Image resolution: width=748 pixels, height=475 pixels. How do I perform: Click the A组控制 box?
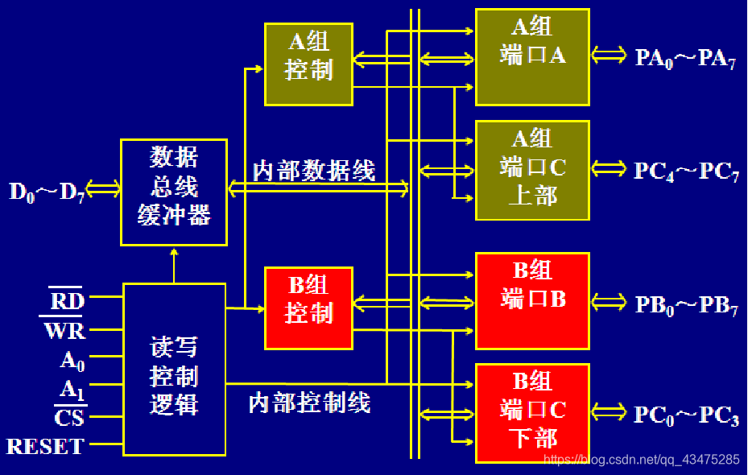click(x=308, y=64)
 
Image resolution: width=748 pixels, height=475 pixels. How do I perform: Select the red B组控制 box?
click(x=308, y=308)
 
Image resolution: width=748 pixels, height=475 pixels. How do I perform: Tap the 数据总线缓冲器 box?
click(x=173, y=192)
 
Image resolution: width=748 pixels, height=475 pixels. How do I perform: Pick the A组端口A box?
click(x=532, y=56)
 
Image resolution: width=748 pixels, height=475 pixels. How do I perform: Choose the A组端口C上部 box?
click(x=532, y=170)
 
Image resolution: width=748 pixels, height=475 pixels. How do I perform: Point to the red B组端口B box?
click(x=532, y=300)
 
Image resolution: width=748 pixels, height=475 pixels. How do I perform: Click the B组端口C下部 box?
click(x=532, y=413)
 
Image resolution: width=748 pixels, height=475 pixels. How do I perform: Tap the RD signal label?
click(x=66, y=300)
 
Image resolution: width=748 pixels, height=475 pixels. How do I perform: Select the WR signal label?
click(x=64, y=330)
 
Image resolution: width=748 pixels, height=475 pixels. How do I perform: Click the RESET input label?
click(x=45, y=446)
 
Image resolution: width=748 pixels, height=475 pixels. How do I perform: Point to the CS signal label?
click(x=68, y=418)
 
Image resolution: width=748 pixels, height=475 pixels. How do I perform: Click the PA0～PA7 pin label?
click(x=684, y=58)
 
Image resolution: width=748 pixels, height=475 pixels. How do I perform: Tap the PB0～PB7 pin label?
click(x=684, y=305)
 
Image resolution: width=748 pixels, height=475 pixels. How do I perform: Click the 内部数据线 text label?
click(x=313, y=171)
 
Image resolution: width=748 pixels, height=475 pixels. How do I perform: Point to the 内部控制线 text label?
click(x=309, y=402)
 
